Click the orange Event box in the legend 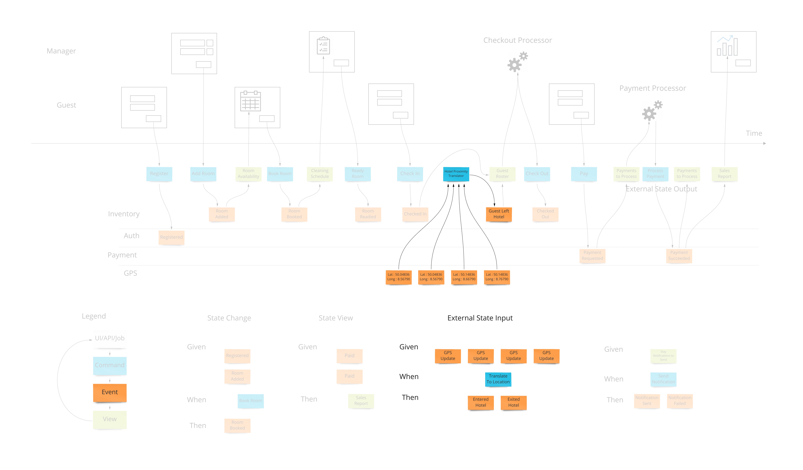110,392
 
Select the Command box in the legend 110,365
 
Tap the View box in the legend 110,419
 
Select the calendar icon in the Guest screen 250,101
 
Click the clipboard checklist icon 323,46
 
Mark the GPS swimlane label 130,273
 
